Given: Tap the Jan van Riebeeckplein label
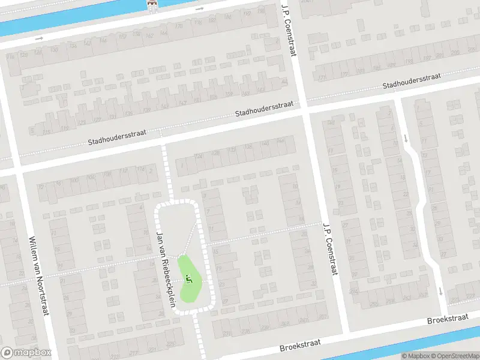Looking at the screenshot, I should [x=166, y=269].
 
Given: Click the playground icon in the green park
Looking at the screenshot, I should [x=190, y=278].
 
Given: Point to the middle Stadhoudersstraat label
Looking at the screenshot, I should [x=264, y=109].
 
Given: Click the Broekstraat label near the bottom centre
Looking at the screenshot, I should [x=300, y=345].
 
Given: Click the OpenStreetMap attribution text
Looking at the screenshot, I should [x=455, y=356].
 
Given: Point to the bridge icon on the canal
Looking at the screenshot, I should [x=152, y=5].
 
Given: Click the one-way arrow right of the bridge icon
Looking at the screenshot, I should [x=200, y=9].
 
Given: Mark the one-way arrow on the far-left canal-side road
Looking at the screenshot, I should [x=40, y=38].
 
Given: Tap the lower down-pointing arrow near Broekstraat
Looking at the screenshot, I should [x=440, y=292].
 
